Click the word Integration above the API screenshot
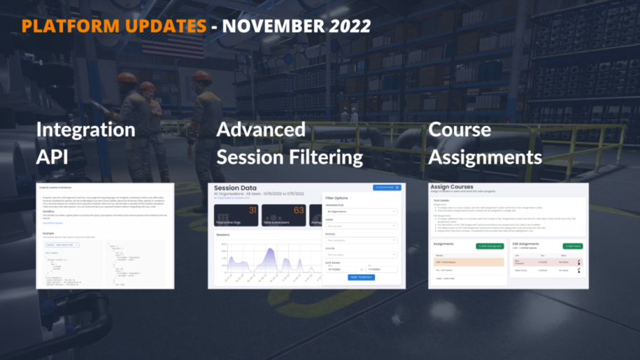point(85,130)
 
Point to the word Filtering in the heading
point(326,156)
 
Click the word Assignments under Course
point(485,156)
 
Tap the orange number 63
point(299,210)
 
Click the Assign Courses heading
point(453,187)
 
